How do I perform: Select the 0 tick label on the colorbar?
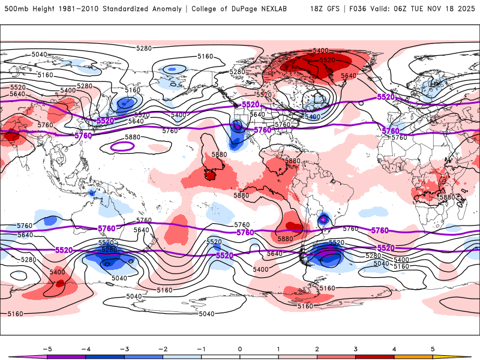click(x=240, y=348)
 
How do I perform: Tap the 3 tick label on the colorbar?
click(x=356, y=348)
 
